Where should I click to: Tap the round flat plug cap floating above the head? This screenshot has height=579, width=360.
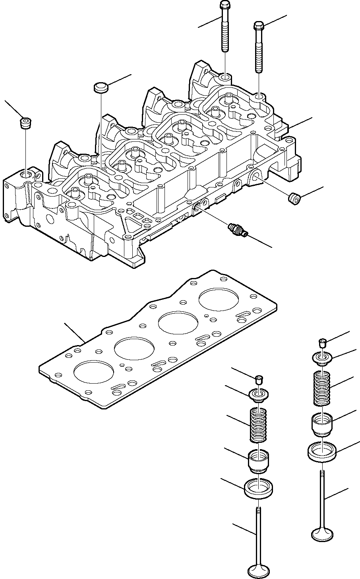click(101, 87)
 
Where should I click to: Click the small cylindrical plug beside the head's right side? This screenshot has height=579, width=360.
click(294, 198)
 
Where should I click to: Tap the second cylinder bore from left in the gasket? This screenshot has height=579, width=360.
click(134, 349)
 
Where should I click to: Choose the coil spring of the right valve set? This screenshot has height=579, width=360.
click(323, 388)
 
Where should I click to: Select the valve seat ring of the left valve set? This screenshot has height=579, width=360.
click(258, 489)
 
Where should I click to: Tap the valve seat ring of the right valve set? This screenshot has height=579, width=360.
click(323, 451)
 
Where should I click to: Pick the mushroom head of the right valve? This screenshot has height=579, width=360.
click(323, 533)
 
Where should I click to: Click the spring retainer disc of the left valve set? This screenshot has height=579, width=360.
click(259, 396)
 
